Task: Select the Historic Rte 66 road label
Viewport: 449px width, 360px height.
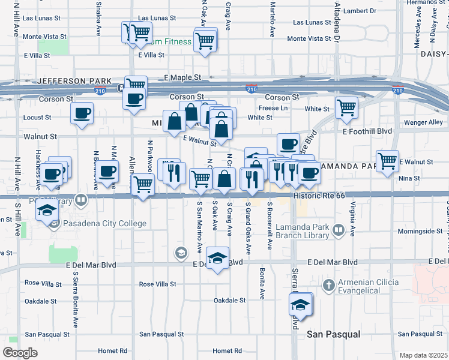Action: point(315,196)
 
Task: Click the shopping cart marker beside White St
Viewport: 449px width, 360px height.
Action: point(347,108)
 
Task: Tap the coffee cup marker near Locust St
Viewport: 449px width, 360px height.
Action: point(82,113)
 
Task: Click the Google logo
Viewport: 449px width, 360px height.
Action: point(20,352)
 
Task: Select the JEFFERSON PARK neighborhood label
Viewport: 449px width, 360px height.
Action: point(74,80)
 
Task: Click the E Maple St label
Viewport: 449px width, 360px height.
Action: point(183,78)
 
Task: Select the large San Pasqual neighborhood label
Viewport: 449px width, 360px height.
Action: point(333,334)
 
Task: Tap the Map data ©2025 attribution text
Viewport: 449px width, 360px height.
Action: point(423,355)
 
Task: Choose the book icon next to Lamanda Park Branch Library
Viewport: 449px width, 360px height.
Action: point(339,230)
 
